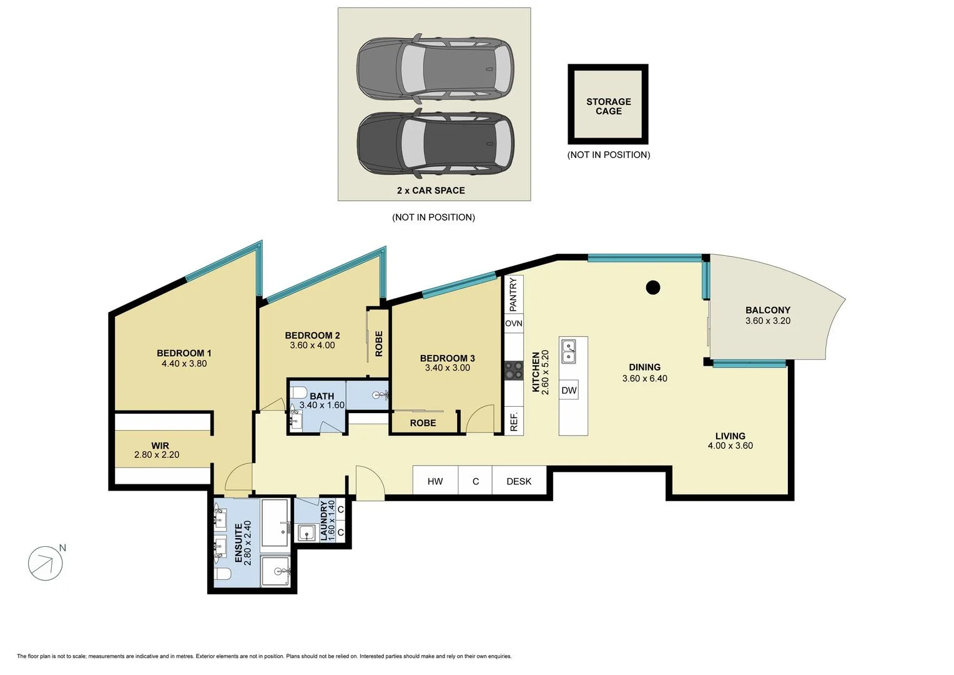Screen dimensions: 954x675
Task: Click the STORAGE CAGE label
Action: pyautogui.click(x=608, y=106)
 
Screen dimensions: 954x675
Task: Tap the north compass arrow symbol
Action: pyautogui.click(x=46, y=563)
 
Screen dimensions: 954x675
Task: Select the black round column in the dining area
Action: pyautogui.click(x=652, y=288)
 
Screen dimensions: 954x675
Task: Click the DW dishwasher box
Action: pyautogui.click(x=569, y=390)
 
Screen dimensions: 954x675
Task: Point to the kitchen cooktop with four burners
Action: pyautogui.click(x=514, y=370)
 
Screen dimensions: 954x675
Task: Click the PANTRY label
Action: pyautogui.click(x=513, y=294)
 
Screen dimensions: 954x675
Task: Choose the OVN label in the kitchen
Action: pyautogui.click(x=514, y=323)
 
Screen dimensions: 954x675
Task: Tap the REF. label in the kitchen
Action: pyautogui.click(x=514, y=421)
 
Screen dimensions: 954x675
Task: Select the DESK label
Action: pyautogui.click(x=519, y=481)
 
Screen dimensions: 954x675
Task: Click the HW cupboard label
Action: pyautogui.click(x=435, y=481)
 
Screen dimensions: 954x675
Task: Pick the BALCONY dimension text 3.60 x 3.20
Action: pyautogui.click(x=767, y=321)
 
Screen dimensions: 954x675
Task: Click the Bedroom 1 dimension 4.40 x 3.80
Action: pyautogui.click(x=184, y=364)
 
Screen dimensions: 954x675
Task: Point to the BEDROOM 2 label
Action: pyautogui.click(x=312, y=335)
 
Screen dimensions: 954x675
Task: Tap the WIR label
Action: pyautogui.click(x=160, y=446)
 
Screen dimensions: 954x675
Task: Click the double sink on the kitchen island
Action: pyautogui.click(x=568, y=351)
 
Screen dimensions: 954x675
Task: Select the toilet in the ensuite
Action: pyautogui.click(x=223, y=574)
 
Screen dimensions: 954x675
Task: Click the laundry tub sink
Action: pyautogui.click(x=307, y=532)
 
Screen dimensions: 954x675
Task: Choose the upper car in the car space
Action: pyautogui.click(x=435, y=68)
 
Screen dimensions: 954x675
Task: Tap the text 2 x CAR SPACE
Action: pyautogui.click(x=431, y=191)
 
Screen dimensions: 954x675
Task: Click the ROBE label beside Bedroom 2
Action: pyautogui.click(x=378, y=344)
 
